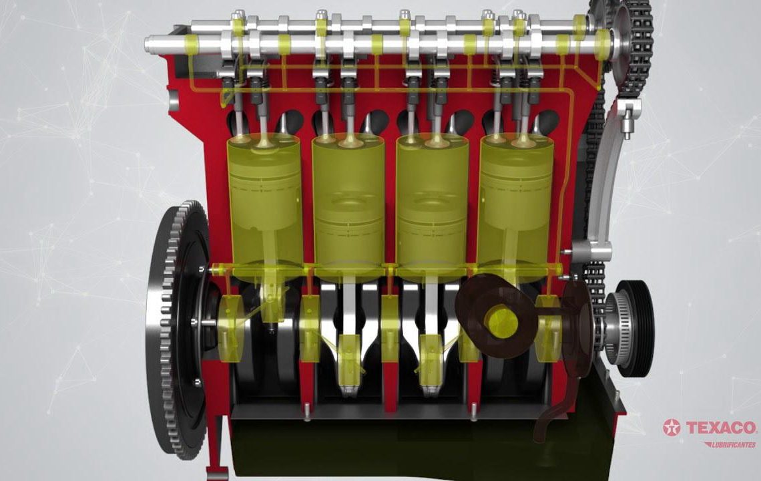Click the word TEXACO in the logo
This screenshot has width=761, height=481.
pos(722,428)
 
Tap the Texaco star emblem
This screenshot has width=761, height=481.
pos(672,428)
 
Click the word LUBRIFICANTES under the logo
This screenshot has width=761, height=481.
pos(730,444)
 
